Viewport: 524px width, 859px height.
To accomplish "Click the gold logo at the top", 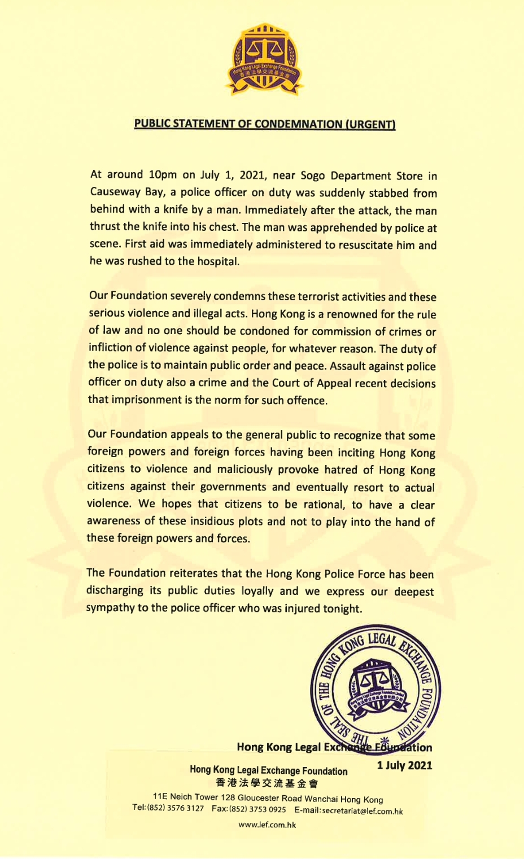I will pyautogui.click(x=264, y=60).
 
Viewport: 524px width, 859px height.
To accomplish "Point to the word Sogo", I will pyautogui.click(x=313, y=176).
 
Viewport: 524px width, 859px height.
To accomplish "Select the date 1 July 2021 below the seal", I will pyautogui.click(x=404, y=765).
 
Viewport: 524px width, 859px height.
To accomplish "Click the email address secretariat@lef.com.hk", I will pyautogui.click(x=362, y=811).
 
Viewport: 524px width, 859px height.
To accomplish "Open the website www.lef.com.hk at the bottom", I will pyautogui.click(x=267, y=825).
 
